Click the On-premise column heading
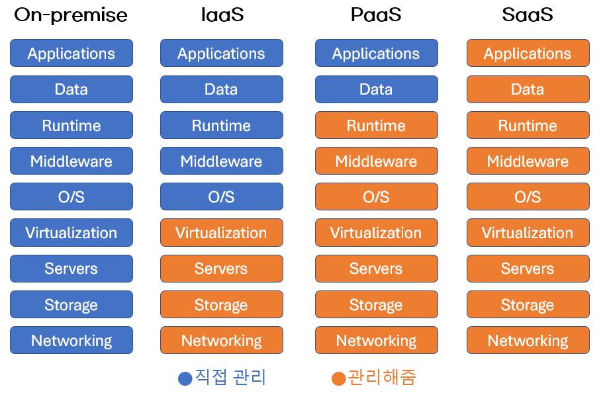(71, 15)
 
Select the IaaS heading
(222, 15)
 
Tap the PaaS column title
(376, 15)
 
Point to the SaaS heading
(528, 15)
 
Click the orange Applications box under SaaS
(528, 54)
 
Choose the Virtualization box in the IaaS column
(221, 233)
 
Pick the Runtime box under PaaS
(376, 126)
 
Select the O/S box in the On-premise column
(71, 197)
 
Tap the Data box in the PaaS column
(376, 89)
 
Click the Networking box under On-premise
(71, 341)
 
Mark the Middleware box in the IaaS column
(221, 161)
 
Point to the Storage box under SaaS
(528, 305)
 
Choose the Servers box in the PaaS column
(376, 269)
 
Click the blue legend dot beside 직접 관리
(185, 378)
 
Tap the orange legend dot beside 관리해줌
(338, 378)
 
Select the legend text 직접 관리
(230, 378)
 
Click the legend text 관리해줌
(382, 378)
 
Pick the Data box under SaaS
(528, 89)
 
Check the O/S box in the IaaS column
(221, 197)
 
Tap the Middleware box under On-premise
(71, 161)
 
